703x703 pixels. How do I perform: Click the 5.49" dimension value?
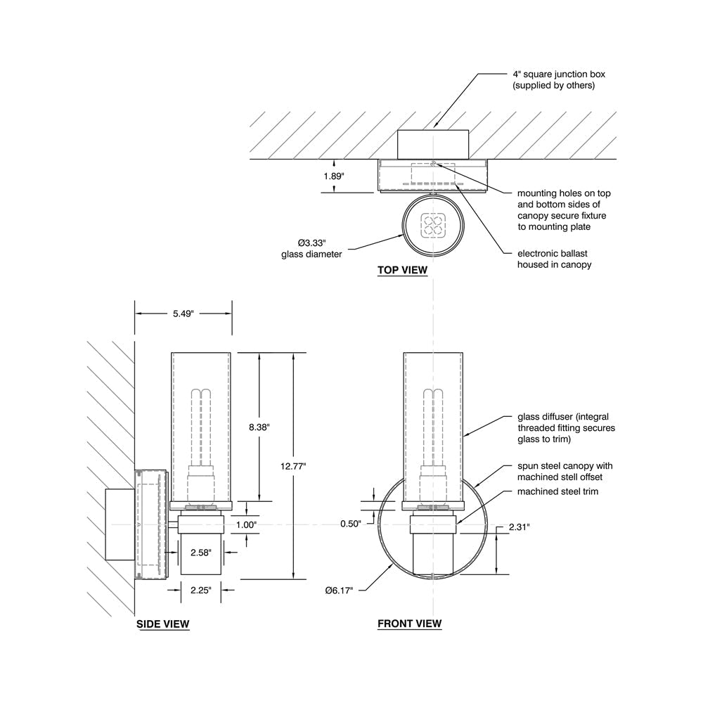coord(183,314)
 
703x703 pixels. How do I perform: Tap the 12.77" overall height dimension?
coord(293,466)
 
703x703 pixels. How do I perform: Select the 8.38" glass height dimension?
coord(259,427)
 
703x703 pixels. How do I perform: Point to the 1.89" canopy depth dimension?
coord(333,176)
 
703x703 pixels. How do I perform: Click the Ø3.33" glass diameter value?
coord(311,243)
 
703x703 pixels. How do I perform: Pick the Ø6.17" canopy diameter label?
coord(339,591)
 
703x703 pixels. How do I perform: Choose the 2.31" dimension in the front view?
coord(520,527)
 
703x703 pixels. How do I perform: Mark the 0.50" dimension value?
coord(351,524)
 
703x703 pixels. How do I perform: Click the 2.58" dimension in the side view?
coord(200,553)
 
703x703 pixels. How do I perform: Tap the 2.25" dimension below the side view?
coord(200,590)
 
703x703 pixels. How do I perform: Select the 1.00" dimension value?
coord(246,525)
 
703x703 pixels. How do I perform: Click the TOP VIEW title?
coord(402,270)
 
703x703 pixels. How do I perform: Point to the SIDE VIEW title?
coord(163,624)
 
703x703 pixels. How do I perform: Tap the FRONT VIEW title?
coord(409,624)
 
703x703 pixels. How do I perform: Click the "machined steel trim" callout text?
coord(557,491)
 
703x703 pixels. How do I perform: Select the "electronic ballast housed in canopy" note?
coord(554,259)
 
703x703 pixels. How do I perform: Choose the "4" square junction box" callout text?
coord(559,75)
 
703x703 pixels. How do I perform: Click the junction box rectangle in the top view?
coord(432,144)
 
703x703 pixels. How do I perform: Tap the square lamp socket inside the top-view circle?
coord(433,225)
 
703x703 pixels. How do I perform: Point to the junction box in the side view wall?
coord(120,524)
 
